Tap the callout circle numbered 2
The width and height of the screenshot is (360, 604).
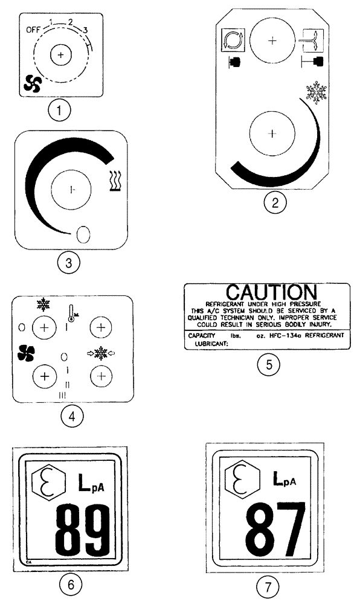click(x=275, y=203)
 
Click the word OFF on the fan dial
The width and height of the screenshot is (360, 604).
click(x=34, y=29)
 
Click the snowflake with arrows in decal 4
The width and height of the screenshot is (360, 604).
click(x=101, y=352)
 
